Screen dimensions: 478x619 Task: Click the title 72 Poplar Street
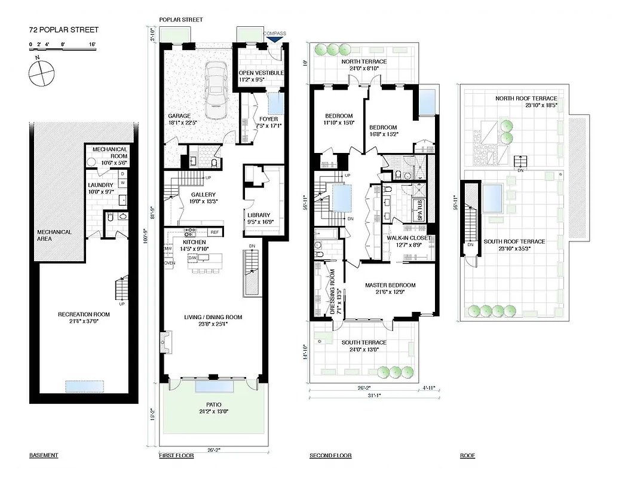[64, 30]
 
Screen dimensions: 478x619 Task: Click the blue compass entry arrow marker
[275, 39]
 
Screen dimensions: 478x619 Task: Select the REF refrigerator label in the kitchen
[214, 232]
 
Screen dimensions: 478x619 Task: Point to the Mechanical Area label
[54, 235]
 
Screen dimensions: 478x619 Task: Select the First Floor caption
[176, 456]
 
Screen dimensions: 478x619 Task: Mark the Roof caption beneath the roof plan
[467, 456]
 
